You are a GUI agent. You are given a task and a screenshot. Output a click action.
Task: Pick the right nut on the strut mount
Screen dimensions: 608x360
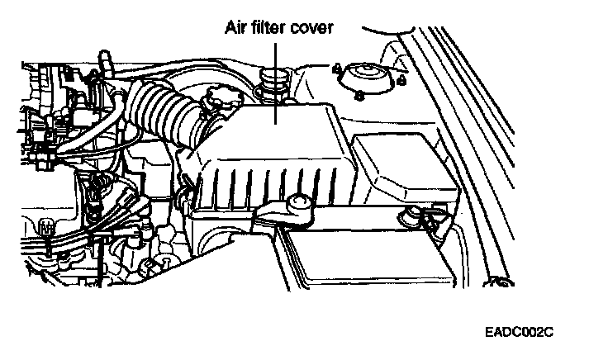pyautogui.click(x=401, y=81)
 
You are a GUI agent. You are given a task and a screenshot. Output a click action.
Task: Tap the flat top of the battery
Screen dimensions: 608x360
pyautogui.click(x=363, y=256)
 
